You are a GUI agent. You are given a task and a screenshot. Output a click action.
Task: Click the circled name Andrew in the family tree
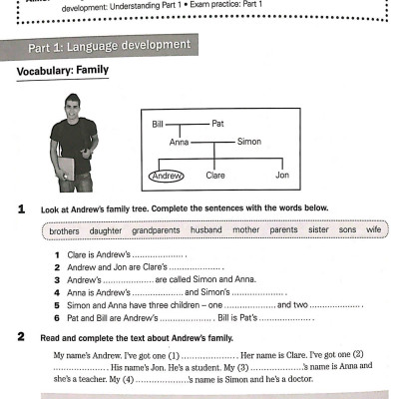[168, 175]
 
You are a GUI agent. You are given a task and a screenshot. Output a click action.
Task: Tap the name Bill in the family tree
[158, 124]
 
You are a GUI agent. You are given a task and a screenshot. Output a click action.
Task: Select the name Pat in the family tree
[218, 124]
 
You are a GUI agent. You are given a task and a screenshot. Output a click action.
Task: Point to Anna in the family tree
[180, 142]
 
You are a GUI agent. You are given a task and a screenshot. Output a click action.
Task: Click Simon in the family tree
[249, 142]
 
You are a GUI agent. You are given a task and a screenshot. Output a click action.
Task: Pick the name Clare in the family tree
[215, 175]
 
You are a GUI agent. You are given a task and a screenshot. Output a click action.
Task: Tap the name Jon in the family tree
[282, 175]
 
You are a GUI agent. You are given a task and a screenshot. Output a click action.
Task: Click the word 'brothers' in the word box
[64, 230]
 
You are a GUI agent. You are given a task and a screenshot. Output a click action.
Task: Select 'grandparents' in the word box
[156, 230]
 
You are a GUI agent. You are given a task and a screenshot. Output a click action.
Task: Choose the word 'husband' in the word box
[206, 230]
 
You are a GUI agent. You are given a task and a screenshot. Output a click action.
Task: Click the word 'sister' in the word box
[318, 230]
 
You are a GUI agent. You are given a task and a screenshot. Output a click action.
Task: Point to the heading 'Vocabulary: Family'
[65, 72]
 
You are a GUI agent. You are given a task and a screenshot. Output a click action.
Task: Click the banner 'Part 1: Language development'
[110, 47]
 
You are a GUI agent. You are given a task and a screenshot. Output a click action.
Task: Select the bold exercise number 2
[21, 338]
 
